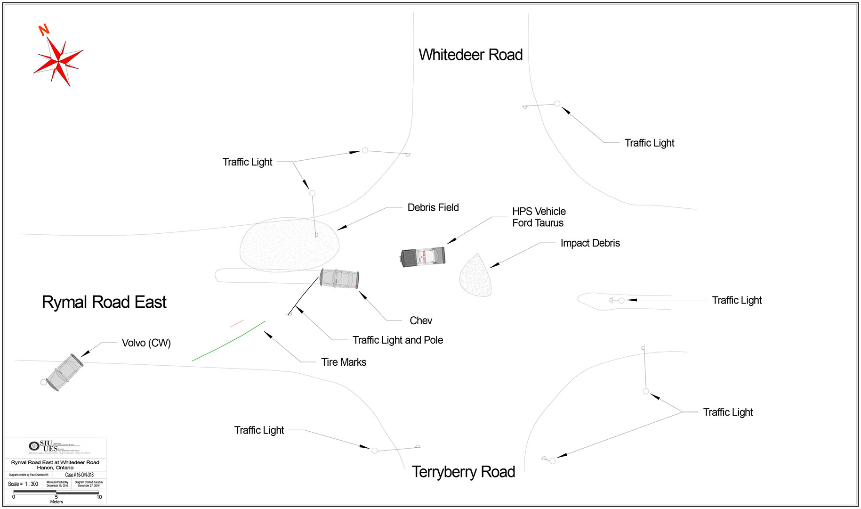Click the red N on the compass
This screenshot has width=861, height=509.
tap(44, 30)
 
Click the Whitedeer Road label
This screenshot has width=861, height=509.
tap(470, 55)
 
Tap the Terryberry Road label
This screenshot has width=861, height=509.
tap(463, 472)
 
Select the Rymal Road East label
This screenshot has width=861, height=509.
tap(104, 302)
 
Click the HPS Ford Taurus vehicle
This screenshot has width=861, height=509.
tap(423, 257)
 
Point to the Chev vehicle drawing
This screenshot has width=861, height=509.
tap(339, 278)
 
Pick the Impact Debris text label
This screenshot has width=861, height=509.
tap(590, 243)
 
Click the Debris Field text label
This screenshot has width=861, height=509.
tap(433, 207)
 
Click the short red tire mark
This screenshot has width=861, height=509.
tap(236, 324)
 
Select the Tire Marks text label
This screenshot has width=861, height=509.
tap(344, 362)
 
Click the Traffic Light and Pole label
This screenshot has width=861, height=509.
tap(398, 340)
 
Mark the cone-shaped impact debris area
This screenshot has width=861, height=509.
tap(476, 278)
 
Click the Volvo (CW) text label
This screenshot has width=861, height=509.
tap(146, 343)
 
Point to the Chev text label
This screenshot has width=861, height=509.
tap(420, 320)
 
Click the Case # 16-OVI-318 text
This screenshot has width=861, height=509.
tap(79, 475)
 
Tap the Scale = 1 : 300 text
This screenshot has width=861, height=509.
tap(23, 484)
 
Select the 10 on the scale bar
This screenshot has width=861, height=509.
tap(99, 497)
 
